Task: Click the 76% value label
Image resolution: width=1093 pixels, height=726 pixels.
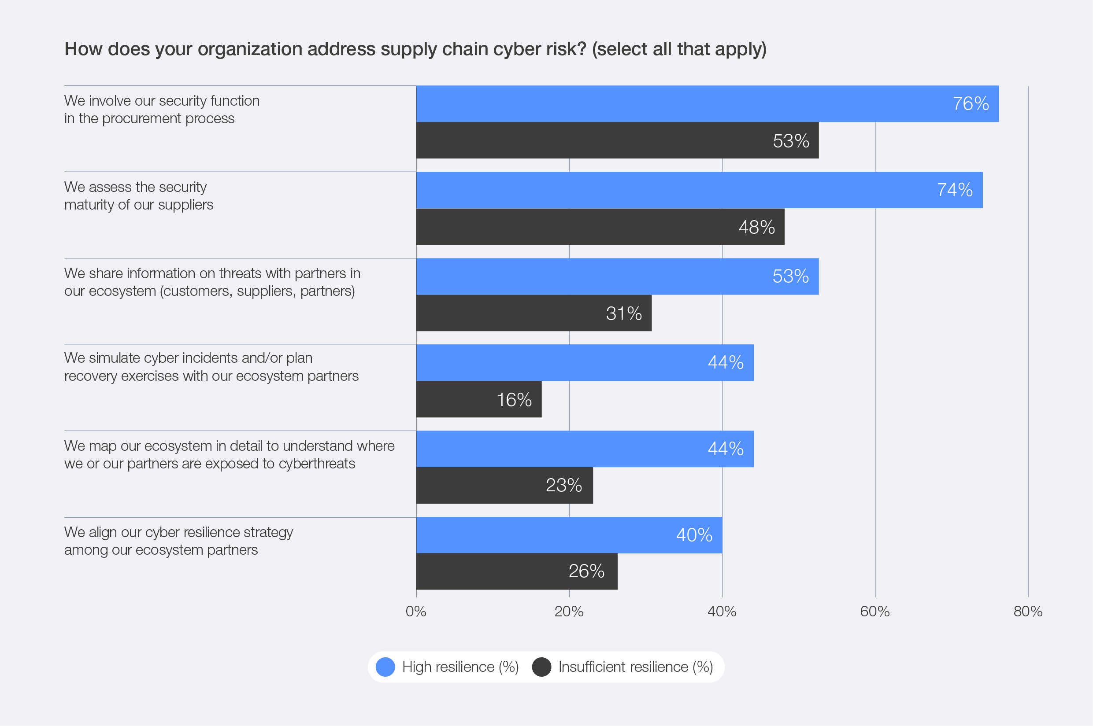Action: pyautogui.click(x=970, y=104)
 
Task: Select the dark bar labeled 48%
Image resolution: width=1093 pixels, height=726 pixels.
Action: pyautogui.click(x=600, y=227)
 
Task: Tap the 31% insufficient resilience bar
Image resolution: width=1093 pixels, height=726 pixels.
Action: pyautogui.click(x=534, y=313)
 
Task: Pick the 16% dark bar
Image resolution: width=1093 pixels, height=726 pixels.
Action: pyautogui.click(x=478, y=400)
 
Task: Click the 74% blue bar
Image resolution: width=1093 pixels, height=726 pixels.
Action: pyautogui.click(x=699, y=190)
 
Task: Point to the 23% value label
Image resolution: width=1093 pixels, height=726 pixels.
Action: pyautogui.click(x=563, y=485)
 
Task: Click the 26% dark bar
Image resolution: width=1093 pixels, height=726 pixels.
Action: pyautogui.click(x=516, y=571)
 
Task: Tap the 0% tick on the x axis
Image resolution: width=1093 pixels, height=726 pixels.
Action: pyautogui.click(x=415, y=612)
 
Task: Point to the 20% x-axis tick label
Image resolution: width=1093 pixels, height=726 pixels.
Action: pyautogui.click(x=569, y=612)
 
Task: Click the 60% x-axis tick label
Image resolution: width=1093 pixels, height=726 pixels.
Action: pyautogui.click(x=875, y=612)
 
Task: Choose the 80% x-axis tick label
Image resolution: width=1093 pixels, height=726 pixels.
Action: pyautogui.click(x=1028, y=612)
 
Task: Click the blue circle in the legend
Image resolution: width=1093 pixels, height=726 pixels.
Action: pyautogui.click(x=385, y=667)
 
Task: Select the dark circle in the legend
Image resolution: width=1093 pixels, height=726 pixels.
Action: pyautogui.click(x=541, y=667)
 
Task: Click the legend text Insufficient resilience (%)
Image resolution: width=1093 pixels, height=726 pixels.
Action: pyautogui.click(x=635, y=667)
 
